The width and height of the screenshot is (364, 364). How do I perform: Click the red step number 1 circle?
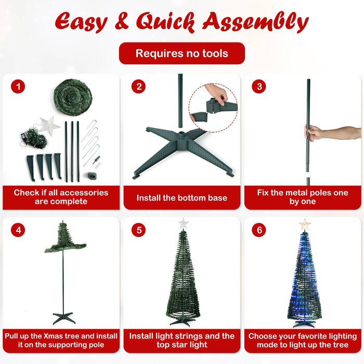point(18,87)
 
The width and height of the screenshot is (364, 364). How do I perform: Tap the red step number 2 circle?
point(139,87)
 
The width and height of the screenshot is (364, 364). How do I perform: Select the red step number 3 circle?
point(259,87)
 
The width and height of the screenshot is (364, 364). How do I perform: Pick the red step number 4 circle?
point(18,230)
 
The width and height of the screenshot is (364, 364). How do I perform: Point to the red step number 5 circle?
point(139,230)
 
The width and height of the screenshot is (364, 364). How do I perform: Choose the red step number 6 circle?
point(259,230)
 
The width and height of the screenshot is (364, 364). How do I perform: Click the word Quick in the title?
point(165,22)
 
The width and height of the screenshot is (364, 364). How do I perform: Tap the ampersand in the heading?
point(122,21)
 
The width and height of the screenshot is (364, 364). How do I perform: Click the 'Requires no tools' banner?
point(182,54)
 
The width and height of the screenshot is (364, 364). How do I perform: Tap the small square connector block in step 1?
point(92,176)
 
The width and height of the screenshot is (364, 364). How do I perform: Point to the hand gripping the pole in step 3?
point(313,132)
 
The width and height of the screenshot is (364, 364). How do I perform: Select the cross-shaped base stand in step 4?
point(64,318)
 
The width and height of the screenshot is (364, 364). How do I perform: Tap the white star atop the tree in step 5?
point(184,224)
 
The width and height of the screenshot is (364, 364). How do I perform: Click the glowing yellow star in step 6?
point(305,225)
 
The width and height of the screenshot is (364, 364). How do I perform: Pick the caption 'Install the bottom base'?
point(182,198)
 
